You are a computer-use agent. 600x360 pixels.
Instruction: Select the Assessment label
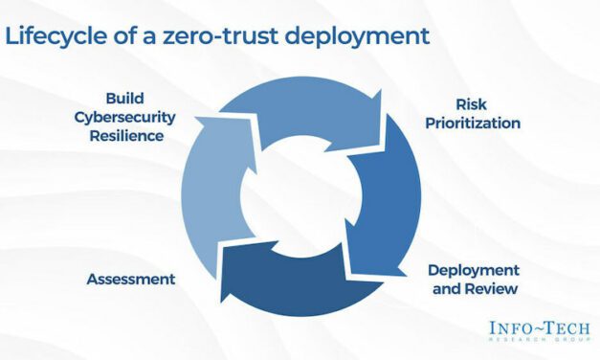[131, 279]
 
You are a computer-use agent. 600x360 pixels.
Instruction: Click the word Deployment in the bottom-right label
[474, 269]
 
